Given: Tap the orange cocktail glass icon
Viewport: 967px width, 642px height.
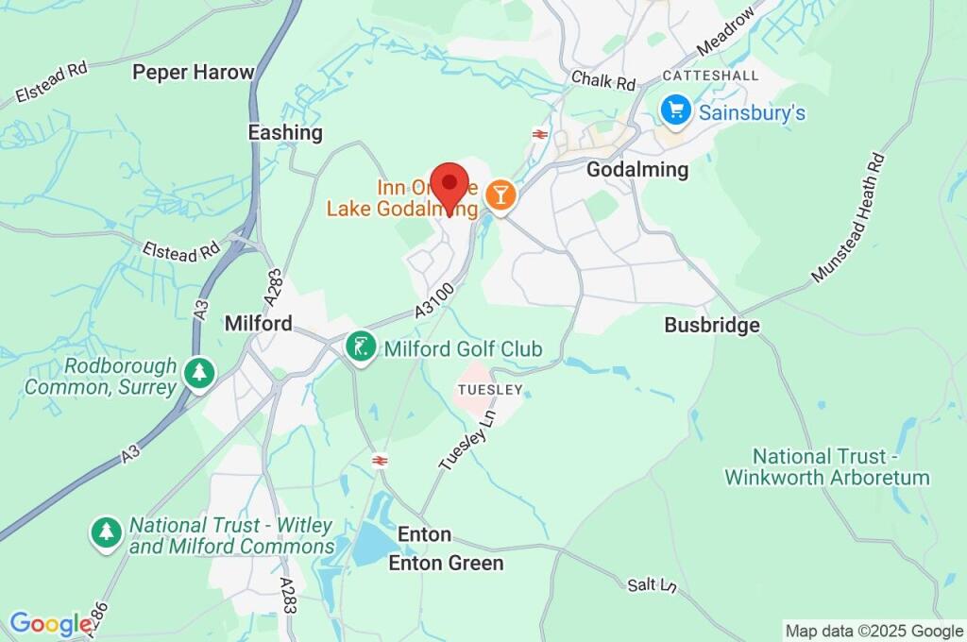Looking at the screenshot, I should [x=500, y=195].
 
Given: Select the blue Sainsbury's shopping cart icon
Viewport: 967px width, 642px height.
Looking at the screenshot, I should [x=675, y=110].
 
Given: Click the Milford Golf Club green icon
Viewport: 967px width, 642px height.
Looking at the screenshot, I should [x=359, y=346].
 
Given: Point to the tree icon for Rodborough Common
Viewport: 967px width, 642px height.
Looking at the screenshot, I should [x=198, y=371].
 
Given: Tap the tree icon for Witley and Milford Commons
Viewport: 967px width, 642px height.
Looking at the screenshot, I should [x=107, y=532].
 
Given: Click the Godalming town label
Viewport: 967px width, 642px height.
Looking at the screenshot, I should [x=637, y=170].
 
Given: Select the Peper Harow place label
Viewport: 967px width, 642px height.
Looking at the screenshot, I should [x=194, y=72].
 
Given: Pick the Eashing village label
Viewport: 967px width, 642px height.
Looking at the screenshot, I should [x=285, y=132].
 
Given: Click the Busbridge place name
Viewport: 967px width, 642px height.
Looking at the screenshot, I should [x=712, y=325].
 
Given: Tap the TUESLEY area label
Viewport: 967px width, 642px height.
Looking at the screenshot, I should [x=489, y=389].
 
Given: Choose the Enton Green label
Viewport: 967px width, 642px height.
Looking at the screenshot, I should [x=446, y=564].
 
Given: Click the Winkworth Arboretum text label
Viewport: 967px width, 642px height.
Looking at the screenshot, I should [x=827, y=467].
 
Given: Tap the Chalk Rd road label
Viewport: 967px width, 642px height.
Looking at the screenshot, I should [x=604, y=82].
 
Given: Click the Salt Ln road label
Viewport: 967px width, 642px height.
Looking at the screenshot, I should [x=653, y=585].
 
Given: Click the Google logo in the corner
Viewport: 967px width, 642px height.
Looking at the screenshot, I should [x=49, y=623].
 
